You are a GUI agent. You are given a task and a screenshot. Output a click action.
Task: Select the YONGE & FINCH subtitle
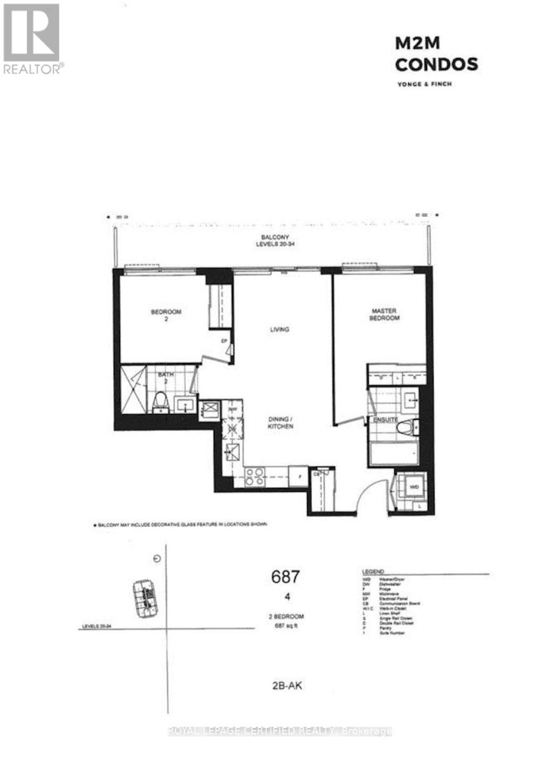tap(426, 84)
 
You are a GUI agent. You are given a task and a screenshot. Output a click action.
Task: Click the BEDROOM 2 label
tap(166, 315)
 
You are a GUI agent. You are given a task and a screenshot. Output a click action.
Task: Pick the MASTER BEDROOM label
tap(385, 315)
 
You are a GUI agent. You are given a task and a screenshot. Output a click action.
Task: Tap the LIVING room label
tap(279, 329)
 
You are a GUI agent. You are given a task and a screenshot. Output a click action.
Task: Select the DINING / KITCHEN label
tap(280, 423)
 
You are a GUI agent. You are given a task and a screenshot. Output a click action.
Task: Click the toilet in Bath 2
tap(160, 401)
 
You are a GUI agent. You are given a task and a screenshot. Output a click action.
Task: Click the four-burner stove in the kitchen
tap(256, 476)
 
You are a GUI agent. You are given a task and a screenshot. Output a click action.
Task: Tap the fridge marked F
tap(296, 476)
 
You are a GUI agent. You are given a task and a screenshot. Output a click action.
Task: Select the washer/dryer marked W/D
tap(414, 486)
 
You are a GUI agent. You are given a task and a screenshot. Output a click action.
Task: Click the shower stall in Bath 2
tap(133, 390)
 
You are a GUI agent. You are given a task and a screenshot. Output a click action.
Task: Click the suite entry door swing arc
tap(371, 496)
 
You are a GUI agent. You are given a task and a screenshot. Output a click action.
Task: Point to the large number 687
tap(285, 577)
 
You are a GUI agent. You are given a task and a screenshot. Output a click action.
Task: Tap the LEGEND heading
tap(373, 572)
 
